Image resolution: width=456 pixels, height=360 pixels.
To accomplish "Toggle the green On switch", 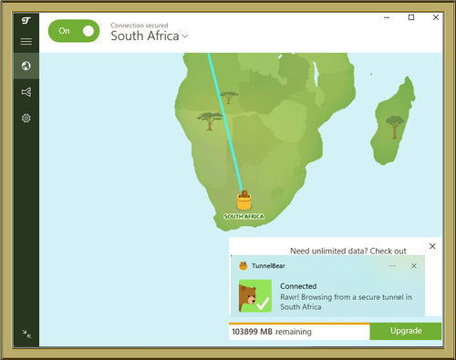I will pos(73,31).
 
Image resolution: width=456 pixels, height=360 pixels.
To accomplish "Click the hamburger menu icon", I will pos(26,42).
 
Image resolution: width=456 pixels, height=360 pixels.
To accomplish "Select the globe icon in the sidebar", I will pos(26,66).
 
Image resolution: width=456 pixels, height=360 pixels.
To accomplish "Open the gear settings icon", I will pos(26,118).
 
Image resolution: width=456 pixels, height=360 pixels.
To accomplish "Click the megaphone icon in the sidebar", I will pos(26,92).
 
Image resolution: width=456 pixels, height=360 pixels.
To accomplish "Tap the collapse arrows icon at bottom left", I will pos(26,334).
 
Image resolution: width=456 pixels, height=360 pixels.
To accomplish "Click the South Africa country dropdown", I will pos(150,36).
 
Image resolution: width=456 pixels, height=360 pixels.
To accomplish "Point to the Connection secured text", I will pos(139,25).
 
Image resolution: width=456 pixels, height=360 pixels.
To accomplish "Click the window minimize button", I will pos(388,17).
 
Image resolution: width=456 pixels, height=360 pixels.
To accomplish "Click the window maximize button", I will pos(411,17).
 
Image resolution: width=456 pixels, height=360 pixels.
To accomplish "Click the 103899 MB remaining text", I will pos(272,332).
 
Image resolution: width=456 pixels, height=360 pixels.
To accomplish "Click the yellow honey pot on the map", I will pos(244,200).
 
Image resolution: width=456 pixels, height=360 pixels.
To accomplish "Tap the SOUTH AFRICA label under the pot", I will pos(244,217).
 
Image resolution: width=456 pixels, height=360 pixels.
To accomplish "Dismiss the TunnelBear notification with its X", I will pos(414,266).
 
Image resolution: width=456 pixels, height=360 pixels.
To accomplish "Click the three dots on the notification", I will pos(392,266).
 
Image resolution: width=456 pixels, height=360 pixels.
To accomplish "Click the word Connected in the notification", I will pos(298,285).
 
